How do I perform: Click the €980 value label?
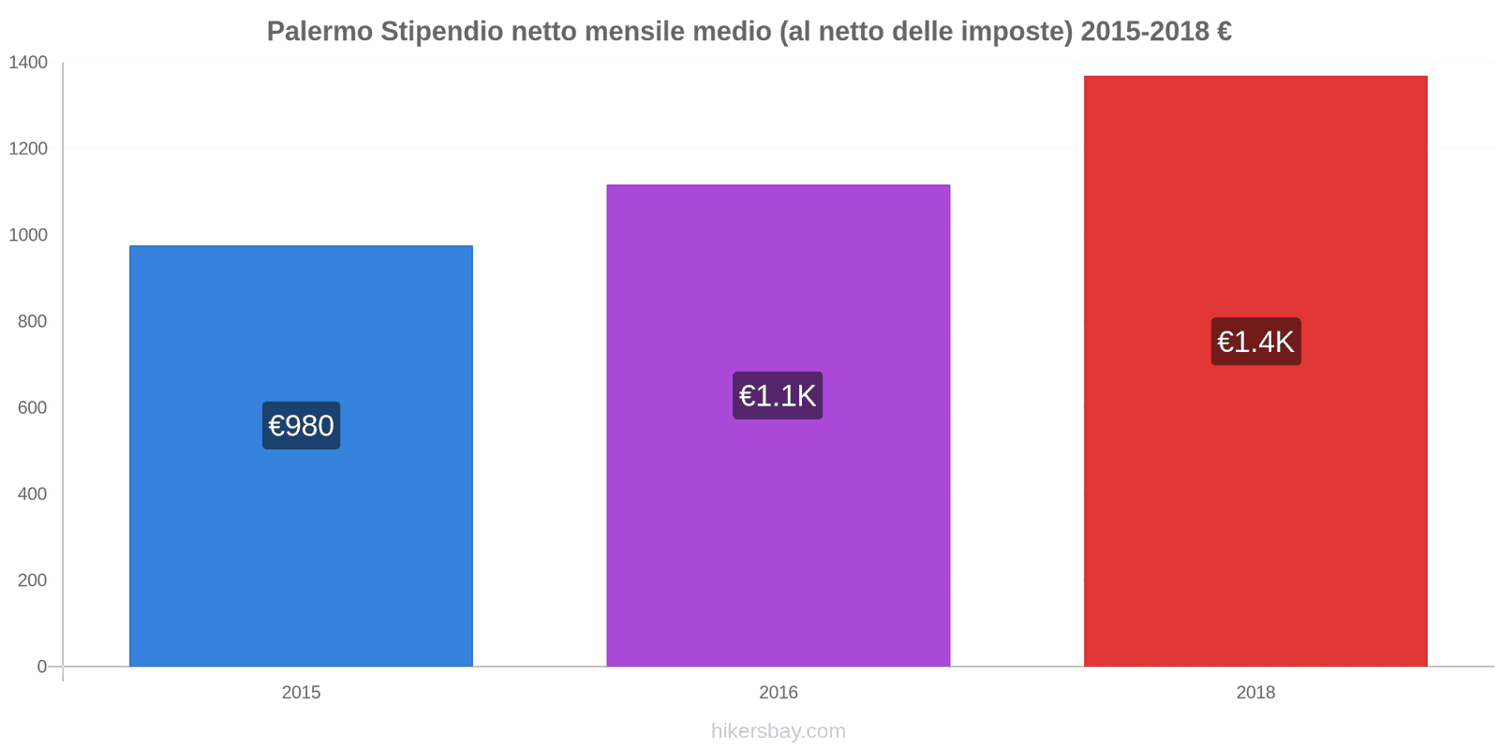pyautogui.click(x=301, y=426)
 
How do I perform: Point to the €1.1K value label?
pyautogui.click(x=778, y=396)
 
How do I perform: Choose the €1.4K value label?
pyautogui.click(x=1255, y=342)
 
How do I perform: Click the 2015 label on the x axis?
pyautogui.click(x=301, y=693)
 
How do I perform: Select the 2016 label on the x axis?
pyautogui.click(x=778, y=693)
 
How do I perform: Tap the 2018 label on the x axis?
pyautogui.click(x=1255, y=693)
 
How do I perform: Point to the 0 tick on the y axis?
pyautogui.click(x=41, y=667)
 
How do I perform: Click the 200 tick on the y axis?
pyautogui.click(x=32, y=580)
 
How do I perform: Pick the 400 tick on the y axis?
pyautogui.click(x=32, y=494)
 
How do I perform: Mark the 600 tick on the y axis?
pyautogui.click(x=32, y=408)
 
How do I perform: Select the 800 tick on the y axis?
pyautogui.click(x=32, y=321)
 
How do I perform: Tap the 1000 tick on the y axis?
pyautogui.click(x=28, y=235)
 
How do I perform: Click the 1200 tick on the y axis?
pyautogui.click(x=28, y=149)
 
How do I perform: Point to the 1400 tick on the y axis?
pyautogui.click(x=28, y=63)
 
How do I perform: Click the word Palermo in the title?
pyautogui.click(x=319, y=32)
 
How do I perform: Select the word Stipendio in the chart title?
pyautogui.click(x=441, y=32)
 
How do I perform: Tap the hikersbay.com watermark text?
pyautogui.click(x=778, y=731)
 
